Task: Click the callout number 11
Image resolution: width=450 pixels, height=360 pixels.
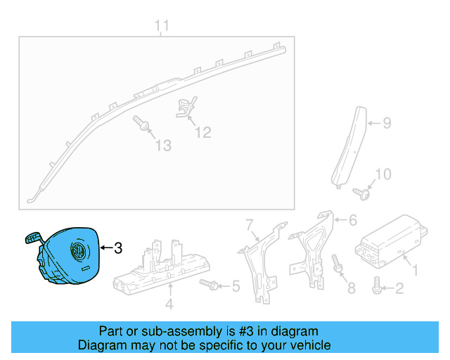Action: (162, 27)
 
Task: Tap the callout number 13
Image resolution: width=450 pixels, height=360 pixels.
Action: (163, 146)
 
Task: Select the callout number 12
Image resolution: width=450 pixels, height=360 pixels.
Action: (202, 131)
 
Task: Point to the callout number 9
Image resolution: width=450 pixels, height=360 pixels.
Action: (386, 124)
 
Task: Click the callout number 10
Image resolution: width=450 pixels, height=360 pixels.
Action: (382, 174)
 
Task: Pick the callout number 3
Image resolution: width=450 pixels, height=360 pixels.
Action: (118, 247)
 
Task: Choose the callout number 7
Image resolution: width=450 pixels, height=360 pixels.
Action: (248, 224)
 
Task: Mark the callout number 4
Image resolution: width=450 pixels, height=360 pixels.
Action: (169, 304)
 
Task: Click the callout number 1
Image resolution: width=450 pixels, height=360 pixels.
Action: (415, 269)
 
